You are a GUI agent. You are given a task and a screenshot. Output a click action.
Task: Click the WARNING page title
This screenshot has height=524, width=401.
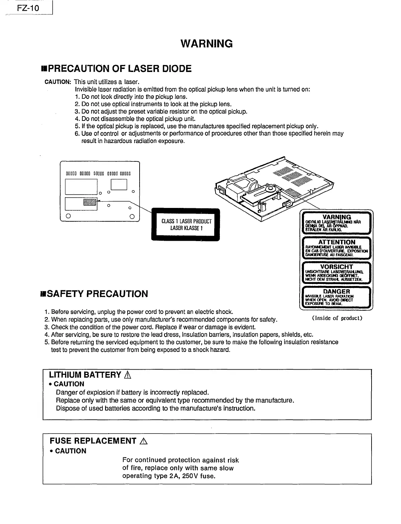[206, 44]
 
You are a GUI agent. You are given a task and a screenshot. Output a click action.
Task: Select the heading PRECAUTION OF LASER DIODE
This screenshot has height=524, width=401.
[116, 69]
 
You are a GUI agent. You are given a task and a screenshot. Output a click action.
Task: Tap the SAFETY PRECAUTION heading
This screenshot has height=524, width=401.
[94, 294]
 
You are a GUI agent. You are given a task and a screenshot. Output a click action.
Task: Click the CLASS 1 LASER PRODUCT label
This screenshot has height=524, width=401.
[186, 225]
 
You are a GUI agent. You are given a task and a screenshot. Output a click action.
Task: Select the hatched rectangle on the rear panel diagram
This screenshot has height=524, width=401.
[89, 202]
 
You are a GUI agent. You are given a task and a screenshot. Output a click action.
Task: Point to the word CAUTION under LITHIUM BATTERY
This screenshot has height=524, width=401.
[69, 384]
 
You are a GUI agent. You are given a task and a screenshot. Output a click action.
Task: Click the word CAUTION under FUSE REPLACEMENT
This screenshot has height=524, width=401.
[71, 451]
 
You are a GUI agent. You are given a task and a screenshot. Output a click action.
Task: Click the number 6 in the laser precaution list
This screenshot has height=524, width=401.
[77, 134]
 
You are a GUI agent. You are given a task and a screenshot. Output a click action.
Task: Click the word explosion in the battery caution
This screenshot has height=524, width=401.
[99, 392]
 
